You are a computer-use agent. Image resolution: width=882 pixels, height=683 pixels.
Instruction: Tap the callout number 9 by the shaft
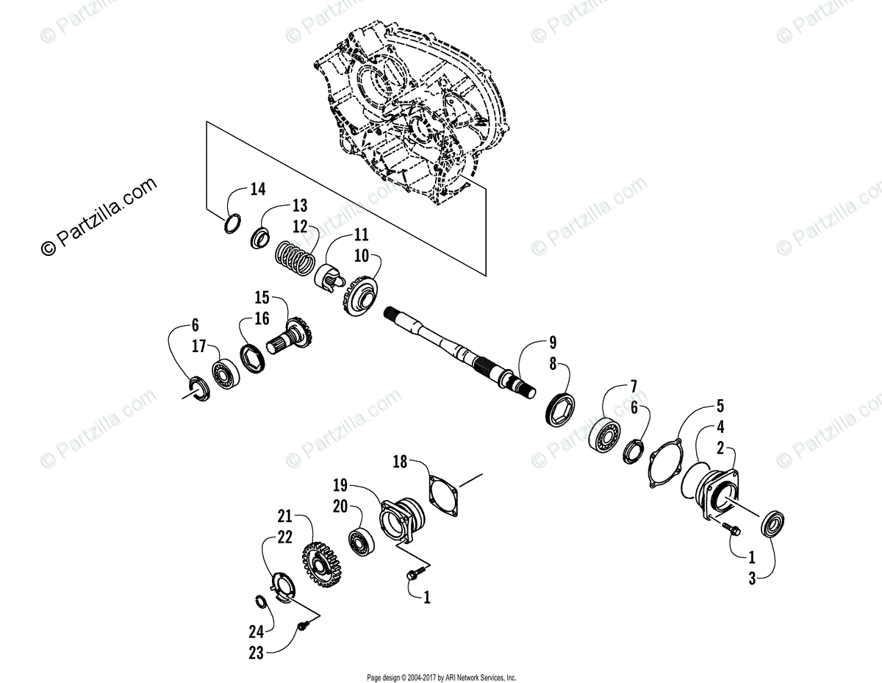551,342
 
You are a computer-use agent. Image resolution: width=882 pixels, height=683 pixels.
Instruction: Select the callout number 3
752,579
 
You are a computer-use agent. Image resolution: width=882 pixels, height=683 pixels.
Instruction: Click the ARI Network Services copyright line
441,677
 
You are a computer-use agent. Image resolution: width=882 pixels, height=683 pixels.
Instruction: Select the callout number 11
360,235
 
